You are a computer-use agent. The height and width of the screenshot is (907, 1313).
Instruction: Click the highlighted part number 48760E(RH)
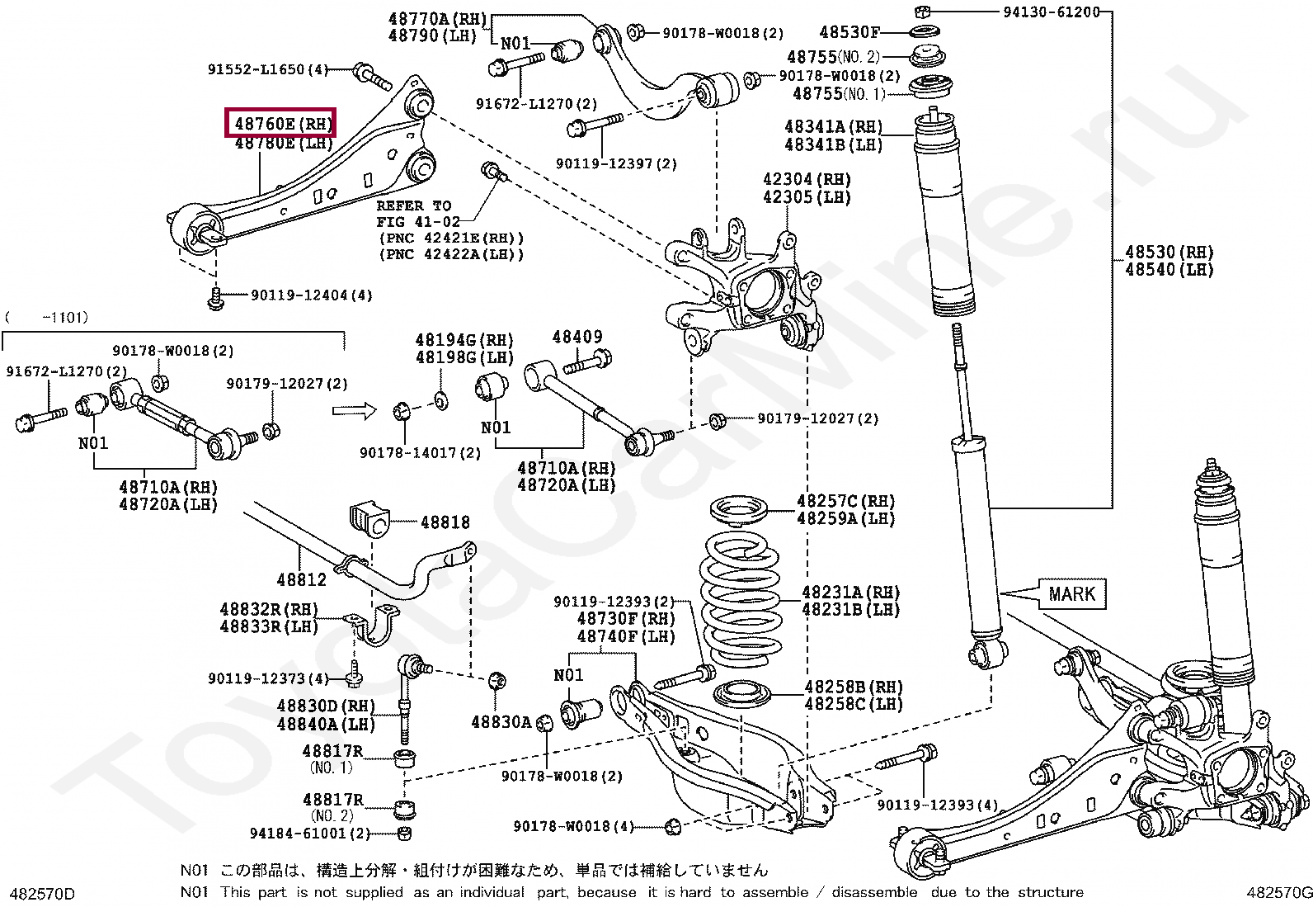click(282, 124)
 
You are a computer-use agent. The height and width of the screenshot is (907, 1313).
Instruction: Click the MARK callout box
click(1072, 593)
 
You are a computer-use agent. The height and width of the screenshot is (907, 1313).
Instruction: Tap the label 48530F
click(849, 32)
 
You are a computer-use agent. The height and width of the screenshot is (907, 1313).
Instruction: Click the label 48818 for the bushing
click(445, 522)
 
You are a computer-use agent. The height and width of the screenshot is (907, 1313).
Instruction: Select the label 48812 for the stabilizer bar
click(301, 579)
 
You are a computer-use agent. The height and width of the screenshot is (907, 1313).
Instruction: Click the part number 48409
click(577, 337)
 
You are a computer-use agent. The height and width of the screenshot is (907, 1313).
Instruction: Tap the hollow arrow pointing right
click(354, 409)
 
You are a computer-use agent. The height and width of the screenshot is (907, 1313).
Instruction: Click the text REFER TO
click(414, 205)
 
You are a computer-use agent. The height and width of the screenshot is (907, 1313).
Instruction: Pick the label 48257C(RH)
click(845, 501)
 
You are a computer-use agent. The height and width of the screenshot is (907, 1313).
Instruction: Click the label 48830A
click(501, 721)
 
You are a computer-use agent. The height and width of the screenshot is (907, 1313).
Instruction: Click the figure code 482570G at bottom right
click(1278, 893)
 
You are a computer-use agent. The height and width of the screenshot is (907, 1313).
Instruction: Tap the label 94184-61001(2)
click(336, 834)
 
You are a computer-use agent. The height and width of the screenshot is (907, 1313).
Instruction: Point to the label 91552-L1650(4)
click(267, 70)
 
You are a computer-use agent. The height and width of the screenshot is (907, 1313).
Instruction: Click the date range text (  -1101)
click(46, 317)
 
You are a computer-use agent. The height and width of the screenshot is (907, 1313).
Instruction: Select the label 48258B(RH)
click(853, 687)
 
